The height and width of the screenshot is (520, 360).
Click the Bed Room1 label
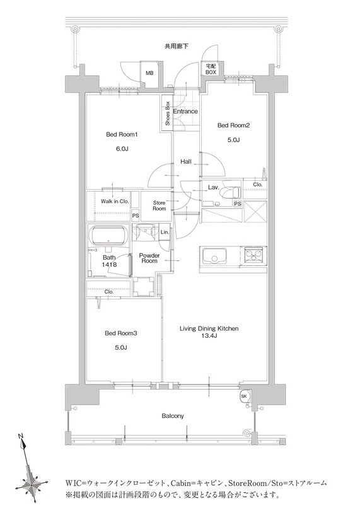pyautogui.click(x=122, y=134)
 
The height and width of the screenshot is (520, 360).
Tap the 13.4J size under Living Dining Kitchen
pyautogui.click(x=209, y=336)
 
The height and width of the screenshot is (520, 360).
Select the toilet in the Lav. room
pyautogui.click(x=232, y=192)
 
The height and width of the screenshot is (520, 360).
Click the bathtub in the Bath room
pyautogui.click(x=110, y=236)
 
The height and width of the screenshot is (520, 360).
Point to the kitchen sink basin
pyautogui.click(x=214, y=256)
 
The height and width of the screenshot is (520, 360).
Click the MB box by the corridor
pyautogui.click(x=149, y=73)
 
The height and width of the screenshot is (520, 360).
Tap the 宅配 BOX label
pyautogui.click(x=211, y=69)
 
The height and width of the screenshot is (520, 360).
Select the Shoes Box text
pyautogui.click(x=168, y=113)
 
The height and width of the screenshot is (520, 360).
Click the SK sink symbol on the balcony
pyautogui.click(x=245, y=396)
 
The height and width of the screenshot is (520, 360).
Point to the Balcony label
pyautogui.click(x=173, y=416)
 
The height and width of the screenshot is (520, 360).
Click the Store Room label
pyautogui.click(x=160, y=205)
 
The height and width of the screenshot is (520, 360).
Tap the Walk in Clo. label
pyautogui.click(x=115, y=201)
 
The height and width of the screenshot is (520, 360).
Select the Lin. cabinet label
pyautogui.click(x=165, y=232)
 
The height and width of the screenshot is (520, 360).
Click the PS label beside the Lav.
pyautogui.click(x=238, y=204)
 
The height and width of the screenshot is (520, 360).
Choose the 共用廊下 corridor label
pyautogui.click(x=177, y=47)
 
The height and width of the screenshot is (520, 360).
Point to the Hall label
pyautogui.click(x=186, y=162)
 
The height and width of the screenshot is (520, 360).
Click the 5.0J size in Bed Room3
pyautogui.click(x=121, y=347)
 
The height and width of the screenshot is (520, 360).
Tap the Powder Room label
pyautogui.click(x=149, y=258)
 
